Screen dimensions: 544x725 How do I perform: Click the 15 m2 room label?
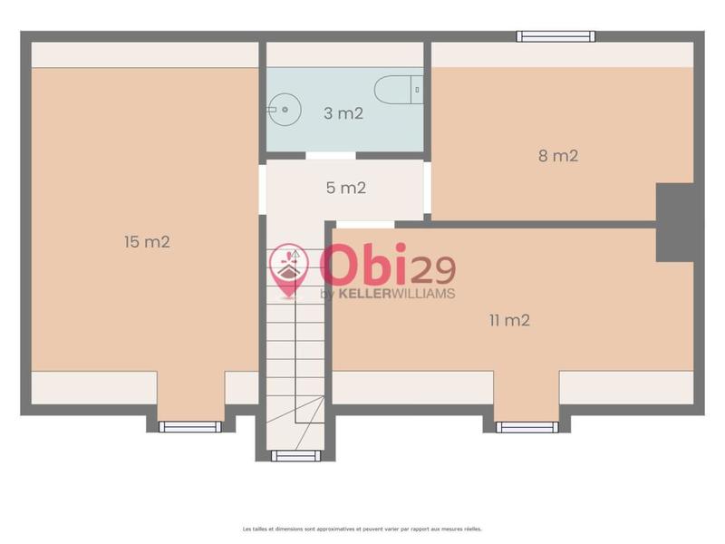click(x=147, y=242)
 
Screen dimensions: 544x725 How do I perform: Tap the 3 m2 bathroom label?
click(x=343, y=113)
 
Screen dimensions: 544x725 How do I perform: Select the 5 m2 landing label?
click(x=345, y=189)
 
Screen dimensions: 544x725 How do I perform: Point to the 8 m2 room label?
click(x=558, y=155)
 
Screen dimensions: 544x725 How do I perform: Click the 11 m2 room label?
click(x=509, y=319)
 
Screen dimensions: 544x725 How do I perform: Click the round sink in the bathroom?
click(x=284, y=111)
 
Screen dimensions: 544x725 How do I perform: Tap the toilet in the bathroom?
click(x=398, y=90)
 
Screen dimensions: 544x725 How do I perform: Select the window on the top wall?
click(x=556, y=36)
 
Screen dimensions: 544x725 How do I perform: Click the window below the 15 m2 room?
click(x=190, y=426)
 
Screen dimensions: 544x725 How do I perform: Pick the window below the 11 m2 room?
click(x=527, y=426)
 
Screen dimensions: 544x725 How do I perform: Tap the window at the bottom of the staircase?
click(x=295, y=455)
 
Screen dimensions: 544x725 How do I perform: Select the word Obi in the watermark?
click(x=362, y=265)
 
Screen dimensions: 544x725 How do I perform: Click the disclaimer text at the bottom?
click(x=362, y=529)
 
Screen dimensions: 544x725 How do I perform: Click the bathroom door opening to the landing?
click(x=330, y=156)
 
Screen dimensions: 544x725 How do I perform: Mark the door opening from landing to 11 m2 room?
click(x=365, y=224)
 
